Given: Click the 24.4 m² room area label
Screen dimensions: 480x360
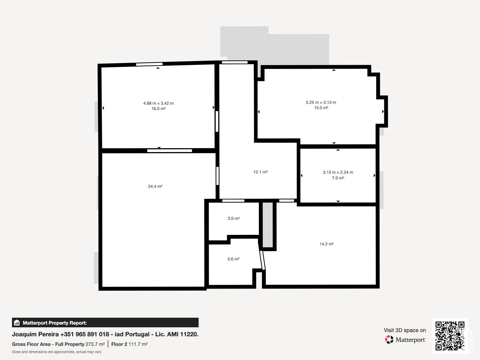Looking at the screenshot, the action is (x=155, y=186).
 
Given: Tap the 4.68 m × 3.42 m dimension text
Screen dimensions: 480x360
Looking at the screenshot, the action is (x=158, y=103).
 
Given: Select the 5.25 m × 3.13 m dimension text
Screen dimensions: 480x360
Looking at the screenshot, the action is (x=321, y=102).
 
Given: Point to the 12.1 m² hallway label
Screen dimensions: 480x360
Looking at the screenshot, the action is (x=260, y=172).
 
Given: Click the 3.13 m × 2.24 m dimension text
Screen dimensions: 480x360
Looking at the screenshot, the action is (x=338, y=172).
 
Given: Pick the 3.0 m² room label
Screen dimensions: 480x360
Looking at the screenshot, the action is (x=233, y=218).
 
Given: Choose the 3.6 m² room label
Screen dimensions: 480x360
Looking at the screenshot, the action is (x=233, y=259).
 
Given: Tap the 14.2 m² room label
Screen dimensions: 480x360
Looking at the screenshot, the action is (x=326, y=244).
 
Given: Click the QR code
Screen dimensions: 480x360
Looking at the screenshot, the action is (x=450, y=336).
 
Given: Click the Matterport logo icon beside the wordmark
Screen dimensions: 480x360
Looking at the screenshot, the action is (x=389, y=340).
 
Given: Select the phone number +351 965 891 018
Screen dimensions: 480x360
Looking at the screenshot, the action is (x=85, y=334).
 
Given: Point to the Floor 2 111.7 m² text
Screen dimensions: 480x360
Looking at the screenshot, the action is (x=130, y=344).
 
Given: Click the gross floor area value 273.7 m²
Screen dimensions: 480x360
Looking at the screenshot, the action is (x=95, y=344).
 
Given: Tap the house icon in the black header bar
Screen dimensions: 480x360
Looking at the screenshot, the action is (x=17, y=322).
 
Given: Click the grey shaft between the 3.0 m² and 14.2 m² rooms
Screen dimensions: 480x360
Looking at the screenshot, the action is (x=268, y=225).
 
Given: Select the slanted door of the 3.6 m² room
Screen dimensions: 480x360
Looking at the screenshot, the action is (x=262, y=260).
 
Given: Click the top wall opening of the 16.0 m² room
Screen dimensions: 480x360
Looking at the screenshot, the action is (x=149, y=64).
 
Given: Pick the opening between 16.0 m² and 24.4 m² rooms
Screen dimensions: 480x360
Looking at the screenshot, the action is (x=169, y=151).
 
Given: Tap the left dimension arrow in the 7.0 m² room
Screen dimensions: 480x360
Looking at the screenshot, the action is (x=301, y=175).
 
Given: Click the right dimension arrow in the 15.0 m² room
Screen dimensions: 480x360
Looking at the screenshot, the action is (x=383, y=112).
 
